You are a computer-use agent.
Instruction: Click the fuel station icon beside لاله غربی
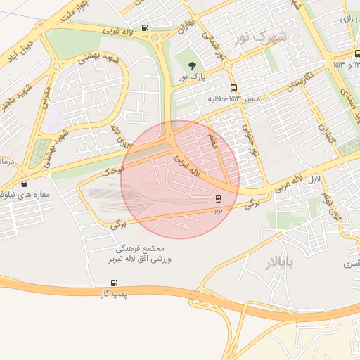pyautogui.click(x=145, y=28)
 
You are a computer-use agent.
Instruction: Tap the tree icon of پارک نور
pyautogui.click(x=193, y=65)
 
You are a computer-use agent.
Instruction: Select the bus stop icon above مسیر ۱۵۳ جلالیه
pyautogui.click(x=233, y=89)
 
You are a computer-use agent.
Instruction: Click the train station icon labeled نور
pyautogui.click(x=218, y=199)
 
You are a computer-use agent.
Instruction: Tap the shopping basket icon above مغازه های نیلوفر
pyautogui.click(x=25, y=184)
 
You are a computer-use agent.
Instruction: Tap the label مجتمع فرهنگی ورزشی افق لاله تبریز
pyautogui.click(x=141, y=255)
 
